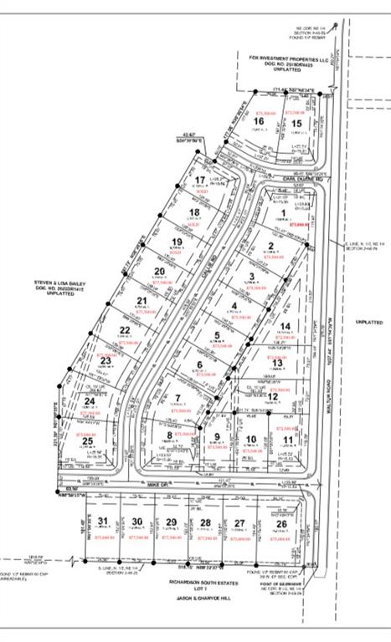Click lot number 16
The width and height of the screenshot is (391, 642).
[x=258, y=120]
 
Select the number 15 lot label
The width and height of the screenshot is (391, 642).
[x=296, y=124]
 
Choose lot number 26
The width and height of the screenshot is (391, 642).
[x=292, y=524]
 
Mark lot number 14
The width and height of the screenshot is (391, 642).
[x=286, y=326]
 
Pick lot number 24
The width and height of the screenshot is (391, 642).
[x=90, y=401]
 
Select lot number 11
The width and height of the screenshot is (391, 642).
[x=287, y=439]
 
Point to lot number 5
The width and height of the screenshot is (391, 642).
[x=217, y=336]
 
